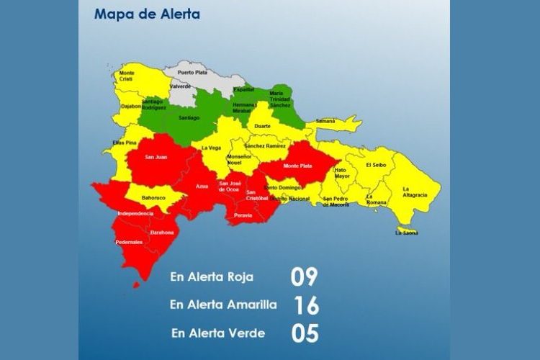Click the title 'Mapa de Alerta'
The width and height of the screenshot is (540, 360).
click(147, 14)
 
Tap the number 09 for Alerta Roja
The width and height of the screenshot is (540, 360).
click(304, 276)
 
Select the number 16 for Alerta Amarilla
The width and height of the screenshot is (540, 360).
click(305, 305)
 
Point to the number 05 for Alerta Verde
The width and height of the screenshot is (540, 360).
click(305, 333)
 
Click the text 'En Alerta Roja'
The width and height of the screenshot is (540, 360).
click(212, 276)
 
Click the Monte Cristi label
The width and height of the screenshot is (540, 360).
click(127, 76)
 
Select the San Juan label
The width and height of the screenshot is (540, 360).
click(156, 157)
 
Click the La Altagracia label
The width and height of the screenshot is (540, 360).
click(415, 192)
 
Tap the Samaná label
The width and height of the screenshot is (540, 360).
click(326, 121)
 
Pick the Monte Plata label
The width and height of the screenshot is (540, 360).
click(297, 166)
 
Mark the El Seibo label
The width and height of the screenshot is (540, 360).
click(377, 165)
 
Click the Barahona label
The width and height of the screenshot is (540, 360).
click(162, 233)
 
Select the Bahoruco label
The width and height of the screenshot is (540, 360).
click(153, 197)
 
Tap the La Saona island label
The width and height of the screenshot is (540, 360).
click(407, 232)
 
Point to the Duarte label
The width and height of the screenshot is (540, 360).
click(263, 125)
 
